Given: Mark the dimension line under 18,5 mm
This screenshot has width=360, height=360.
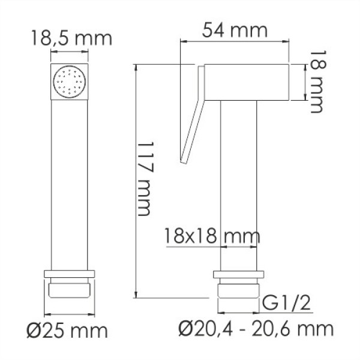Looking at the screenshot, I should pos(71,52).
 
